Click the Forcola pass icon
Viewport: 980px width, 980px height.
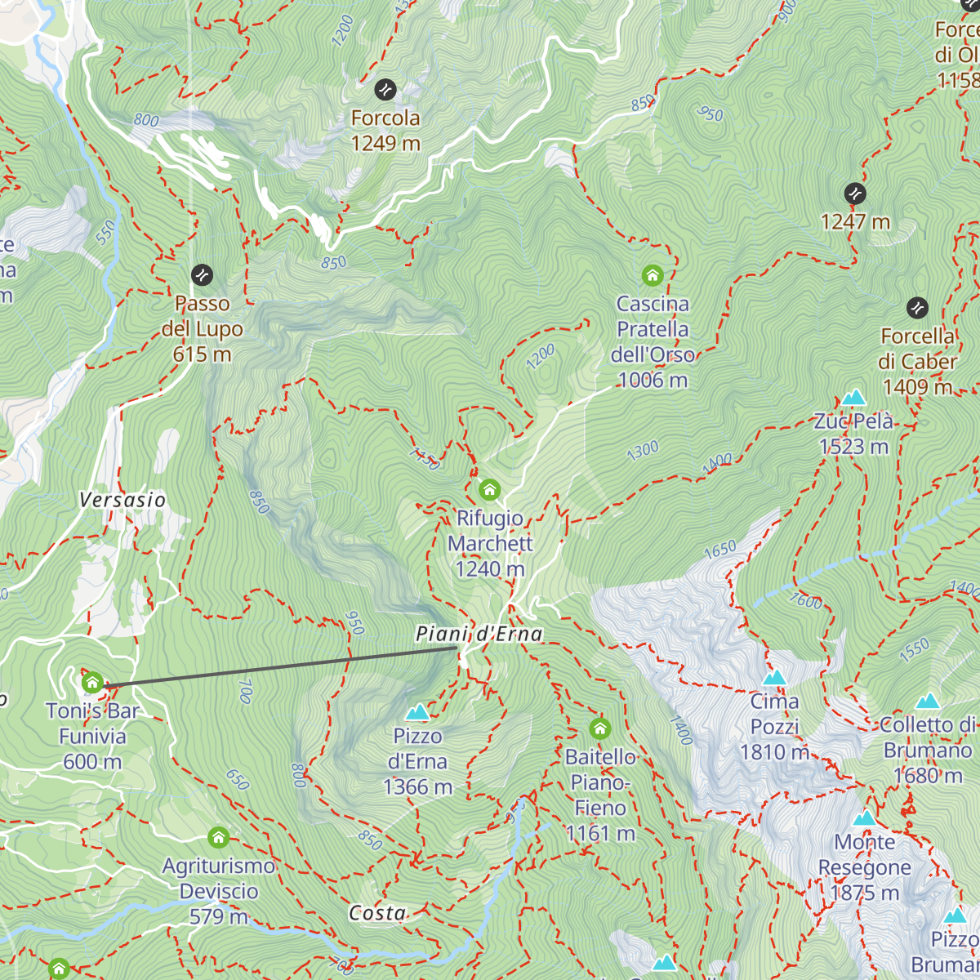point(385,89)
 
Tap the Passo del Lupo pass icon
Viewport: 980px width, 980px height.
point(202,275)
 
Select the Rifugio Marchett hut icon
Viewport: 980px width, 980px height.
point(489,489)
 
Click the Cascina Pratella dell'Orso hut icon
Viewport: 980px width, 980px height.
point(652,275)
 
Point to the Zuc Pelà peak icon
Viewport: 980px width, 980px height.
point(853,398)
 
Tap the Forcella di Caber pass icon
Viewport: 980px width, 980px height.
point(917,308)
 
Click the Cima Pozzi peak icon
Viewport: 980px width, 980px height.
point(774,678)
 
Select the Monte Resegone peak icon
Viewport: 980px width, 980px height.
point(864,818)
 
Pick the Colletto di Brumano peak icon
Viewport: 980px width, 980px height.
point(928,702)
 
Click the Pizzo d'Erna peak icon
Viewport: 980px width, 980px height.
point(417,713)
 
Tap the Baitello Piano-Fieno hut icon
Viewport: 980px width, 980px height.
point(600,728)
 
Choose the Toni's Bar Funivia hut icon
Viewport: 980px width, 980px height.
point(92,683)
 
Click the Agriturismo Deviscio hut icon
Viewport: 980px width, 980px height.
point(218,837)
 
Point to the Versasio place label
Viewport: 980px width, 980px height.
point(122,500)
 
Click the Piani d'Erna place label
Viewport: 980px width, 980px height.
point(479,634)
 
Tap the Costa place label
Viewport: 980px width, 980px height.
point(377,913)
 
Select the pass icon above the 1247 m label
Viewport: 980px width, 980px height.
point(855,194)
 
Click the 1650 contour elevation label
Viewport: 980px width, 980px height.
point(719,550)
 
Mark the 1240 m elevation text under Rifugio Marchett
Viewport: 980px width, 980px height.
point(490,569)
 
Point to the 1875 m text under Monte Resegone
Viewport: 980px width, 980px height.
point(864,893)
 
